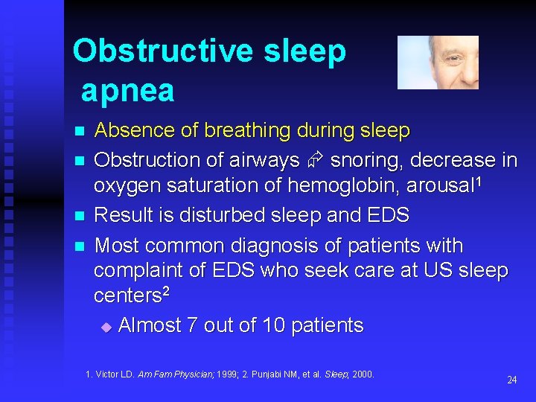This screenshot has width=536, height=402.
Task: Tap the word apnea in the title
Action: point(127,91)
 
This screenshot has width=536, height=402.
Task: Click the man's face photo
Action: point(438,63)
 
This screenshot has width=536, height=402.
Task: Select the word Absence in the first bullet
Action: point(135,131)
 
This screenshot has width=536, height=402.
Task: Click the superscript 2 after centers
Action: point(166,293)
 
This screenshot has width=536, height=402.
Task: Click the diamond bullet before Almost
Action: point(105,327)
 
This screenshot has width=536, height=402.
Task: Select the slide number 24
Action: point(511,380)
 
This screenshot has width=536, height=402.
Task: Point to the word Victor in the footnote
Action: point(110,374)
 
